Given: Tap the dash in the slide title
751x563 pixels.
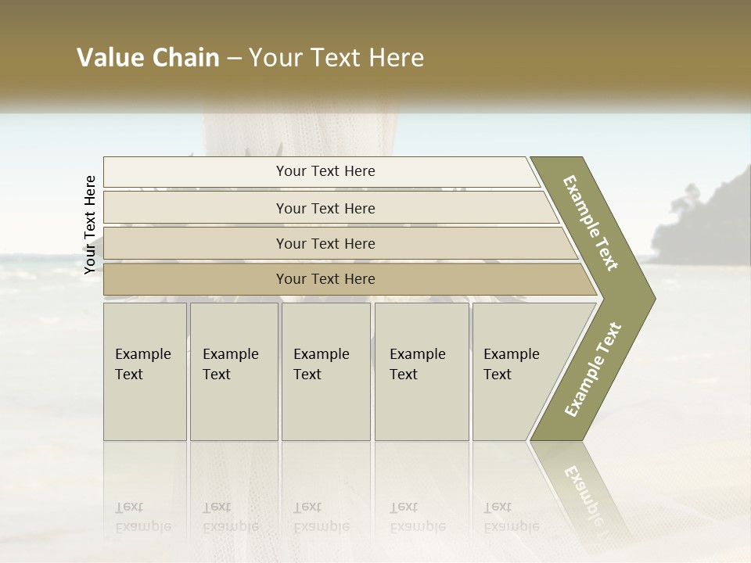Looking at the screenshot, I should coord(234,59).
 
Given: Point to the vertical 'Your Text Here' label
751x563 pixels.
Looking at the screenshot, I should coord(90,224).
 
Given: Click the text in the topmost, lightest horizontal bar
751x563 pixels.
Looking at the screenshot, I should coord(325,171).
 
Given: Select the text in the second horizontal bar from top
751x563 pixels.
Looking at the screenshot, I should coord(325,209).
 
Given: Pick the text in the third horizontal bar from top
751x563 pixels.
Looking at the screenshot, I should coord(325,244).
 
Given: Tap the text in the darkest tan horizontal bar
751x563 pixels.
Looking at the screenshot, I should coord(325,279).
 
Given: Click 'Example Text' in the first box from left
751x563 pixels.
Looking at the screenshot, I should coord(142,364).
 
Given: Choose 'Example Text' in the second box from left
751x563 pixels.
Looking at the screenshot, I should coord(230,364).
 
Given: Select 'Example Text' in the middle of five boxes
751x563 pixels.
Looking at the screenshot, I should coord(321,364).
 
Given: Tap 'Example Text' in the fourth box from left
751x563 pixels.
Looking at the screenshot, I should coord(417,364).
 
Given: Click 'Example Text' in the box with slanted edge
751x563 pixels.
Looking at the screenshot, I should coord(511,364).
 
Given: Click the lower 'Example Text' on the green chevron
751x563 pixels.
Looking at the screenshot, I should coord(593,370).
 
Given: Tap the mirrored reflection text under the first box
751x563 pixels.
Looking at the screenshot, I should coord(142,517).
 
